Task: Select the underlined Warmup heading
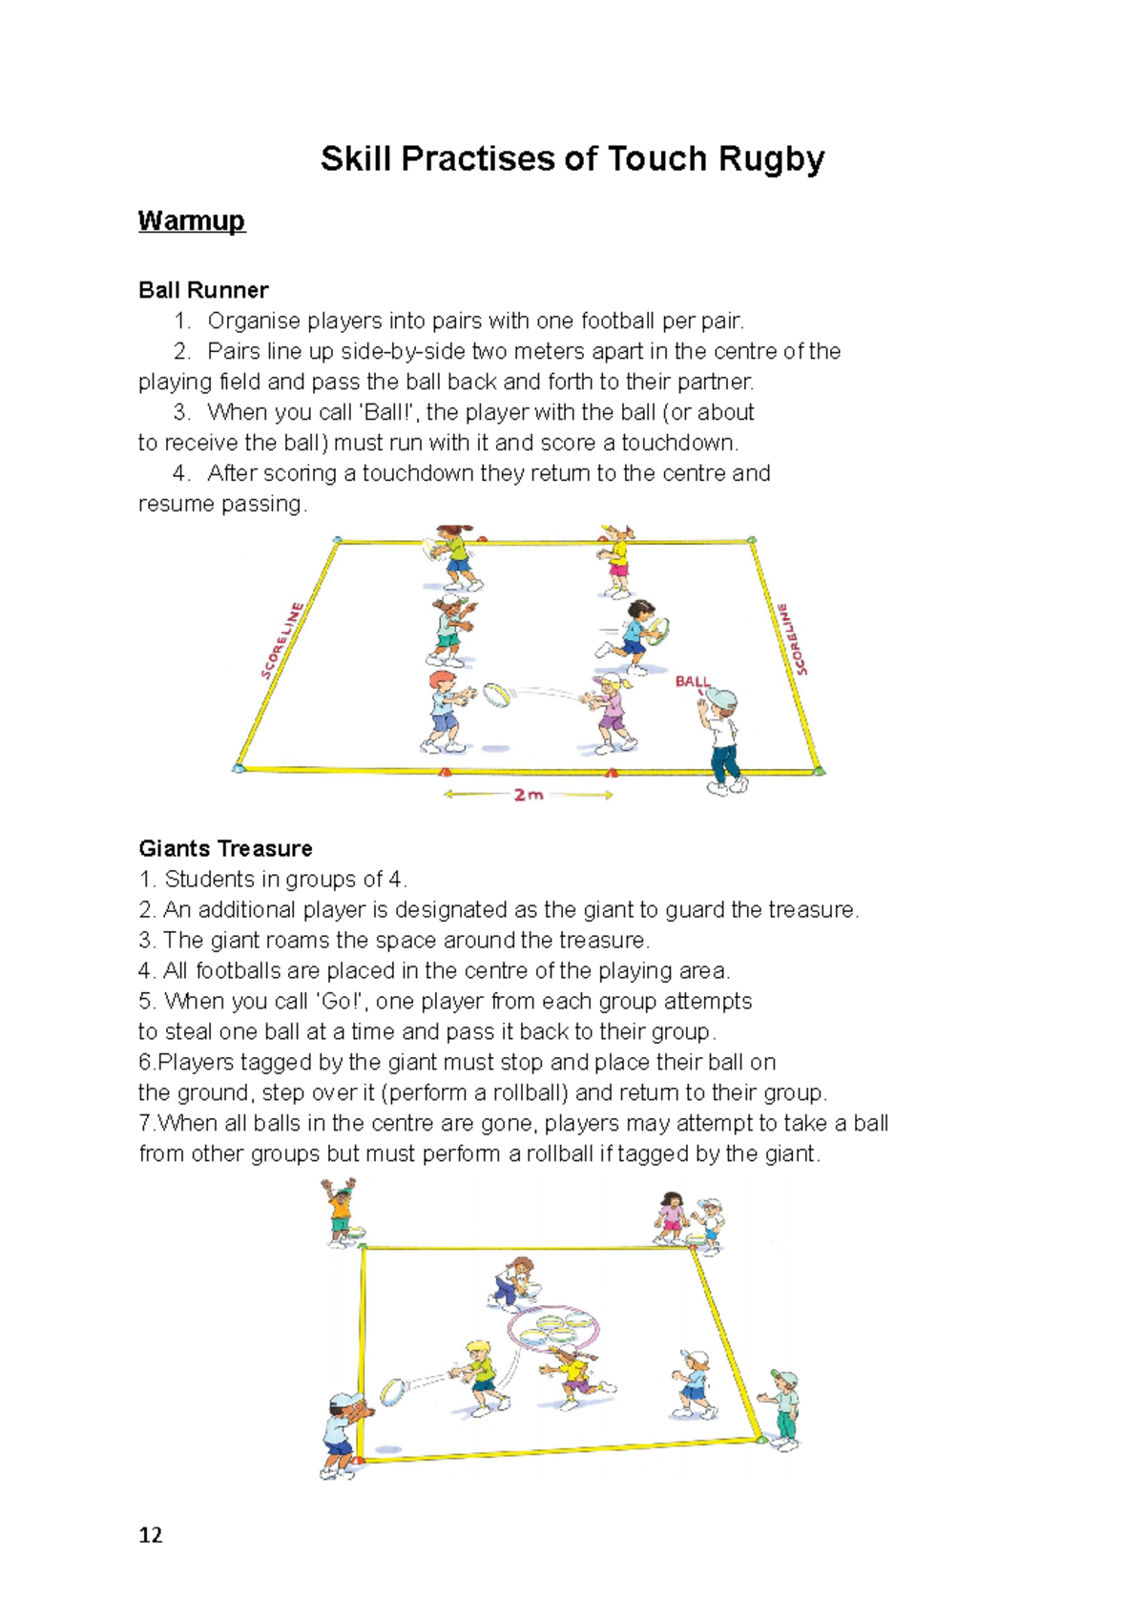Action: coord(192,221)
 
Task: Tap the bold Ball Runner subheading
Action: coord(203,290)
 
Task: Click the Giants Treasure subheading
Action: coord(225,848)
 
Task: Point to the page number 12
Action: coord(151,1535)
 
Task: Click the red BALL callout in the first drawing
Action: coord(692,681)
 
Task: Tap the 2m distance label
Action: coord(528,795)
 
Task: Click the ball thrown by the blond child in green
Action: coord(394,1392)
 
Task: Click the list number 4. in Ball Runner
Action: coord(182,473)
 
